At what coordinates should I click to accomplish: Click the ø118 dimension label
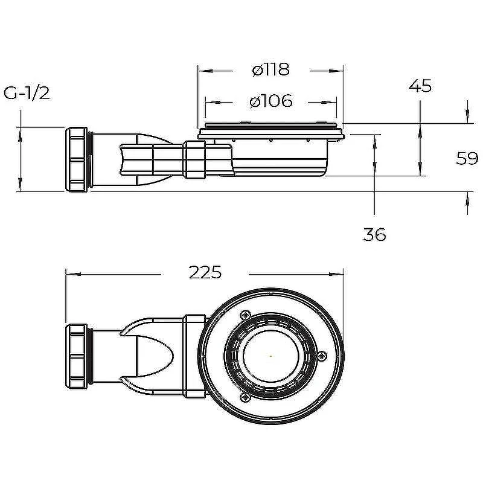coord(270,69)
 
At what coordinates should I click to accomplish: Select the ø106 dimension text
coord(271,101)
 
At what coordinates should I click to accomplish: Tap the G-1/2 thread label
coord(27,93)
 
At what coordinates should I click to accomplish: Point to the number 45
coord(420,86)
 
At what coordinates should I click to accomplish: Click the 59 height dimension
coord(467,159)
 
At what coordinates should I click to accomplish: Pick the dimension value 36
coord(374,234)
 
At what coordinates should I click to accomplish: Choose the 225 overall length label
coord(205,272)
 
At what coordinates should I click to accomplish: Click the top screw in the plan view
coord(246,315)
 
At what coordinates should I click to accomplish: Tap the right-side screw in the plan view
coord(322,356)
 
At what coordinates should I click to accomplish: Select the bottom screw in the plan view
coord(246,397)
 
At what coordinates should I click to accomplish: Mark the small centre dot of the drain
coord(270,356)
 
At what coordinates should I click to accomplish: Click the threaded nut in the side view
coord(76,159)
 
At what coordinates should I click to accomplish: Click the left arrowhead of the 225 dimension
coord(73,274)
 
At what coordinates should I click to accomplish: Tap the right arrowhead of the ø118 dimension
coord(336,71)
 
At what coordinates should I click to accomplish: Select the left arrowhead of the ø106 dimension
coord(213,102)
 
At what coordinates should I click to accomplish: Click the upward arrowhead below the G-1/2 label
coord(20,135)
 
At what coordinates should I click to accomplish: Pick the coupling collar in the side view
coord(194,159)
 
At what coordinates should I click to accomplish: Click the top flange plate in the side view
coord(270,133)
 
